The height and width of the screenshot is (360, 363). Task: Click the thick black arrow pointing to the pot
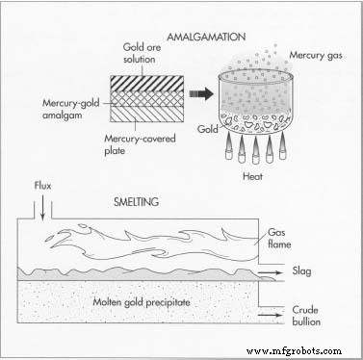200,95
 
